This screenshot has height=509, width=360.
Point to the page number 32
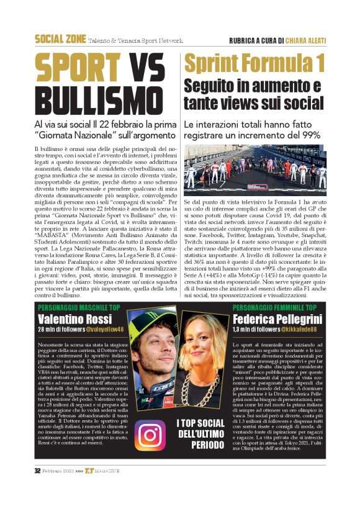pyautogui.click(x=37, y=488)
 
